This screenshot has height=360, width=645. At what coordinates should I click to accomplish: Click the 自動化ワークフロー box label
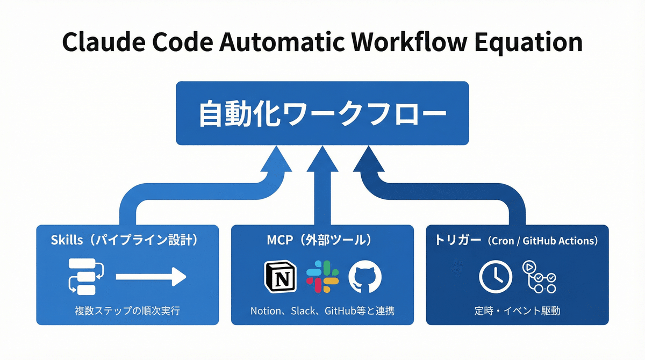click(322, 113)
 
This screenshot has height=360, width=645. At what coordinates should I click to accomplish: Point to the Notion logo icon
click(281, 277)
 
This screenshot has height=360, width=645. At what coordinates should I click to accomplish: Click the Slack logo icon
click(322, 277)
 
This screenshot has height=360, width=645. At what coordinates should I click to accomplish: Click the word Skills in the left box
click(67, 240)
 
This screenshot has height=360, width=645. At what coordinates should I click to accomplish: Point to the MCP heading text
click(279, 240)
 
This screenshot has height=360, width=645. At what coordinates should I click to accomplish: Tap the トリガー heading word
click(458, 240)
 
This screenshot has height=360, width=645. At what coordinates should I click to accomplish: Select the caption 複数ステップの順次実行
click(127, 311)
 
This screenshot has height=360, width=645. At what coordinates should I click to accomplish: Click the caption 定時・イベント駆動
click(517, 311)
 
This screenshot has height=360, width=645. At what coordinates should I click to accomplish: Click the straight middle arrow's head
click(322, 160)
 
